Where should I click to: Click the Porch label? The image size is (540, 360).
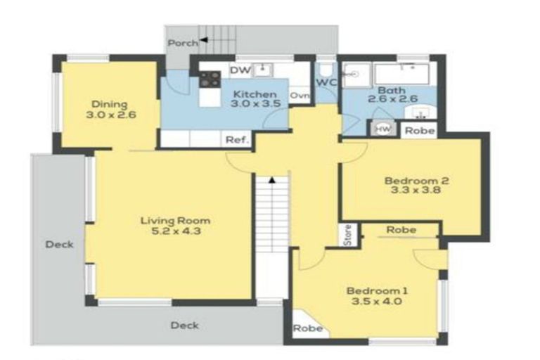tap(184, 43)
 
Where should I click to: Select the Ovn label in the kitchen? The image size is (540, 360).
tap(300, 96)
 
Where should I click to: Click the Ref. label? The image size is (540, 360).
tap(238, 140)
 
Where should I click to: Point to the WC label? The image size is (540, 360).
tap(326, 83)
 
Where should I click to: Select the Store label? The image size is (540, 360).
tap(347, 235)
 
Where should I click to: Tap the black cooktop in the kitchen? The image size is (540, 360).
tap(210, 80)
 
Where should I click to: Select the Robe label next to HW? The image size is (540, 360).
tap(420, 131)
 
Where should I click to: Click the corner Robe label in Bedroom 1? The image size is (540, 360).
tap(308, 328)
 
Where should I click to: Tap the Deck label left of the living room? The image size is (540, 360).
tap(59, 245)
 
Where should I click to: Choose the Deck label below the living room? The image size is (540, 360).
tap(184, 325)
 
